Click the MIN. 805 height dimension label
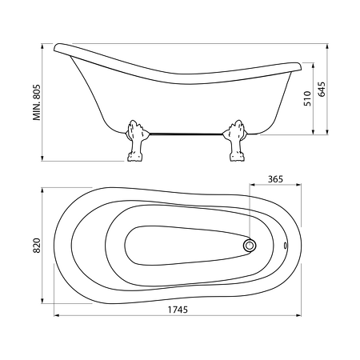click(37, 102)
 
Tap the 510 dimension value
click(307, 98)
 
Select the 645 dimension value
click(322, 89)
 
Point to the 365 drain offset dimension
click(275, 179)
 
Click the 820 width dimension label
click(37, 246)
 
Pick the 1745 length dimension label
click(178, 310)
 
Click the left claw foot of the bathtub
click(136, 141)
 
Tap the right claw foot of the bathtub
click(235, 141)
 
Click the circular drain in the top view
click(250, 245)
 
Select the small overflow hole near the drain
click(286, 246)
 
